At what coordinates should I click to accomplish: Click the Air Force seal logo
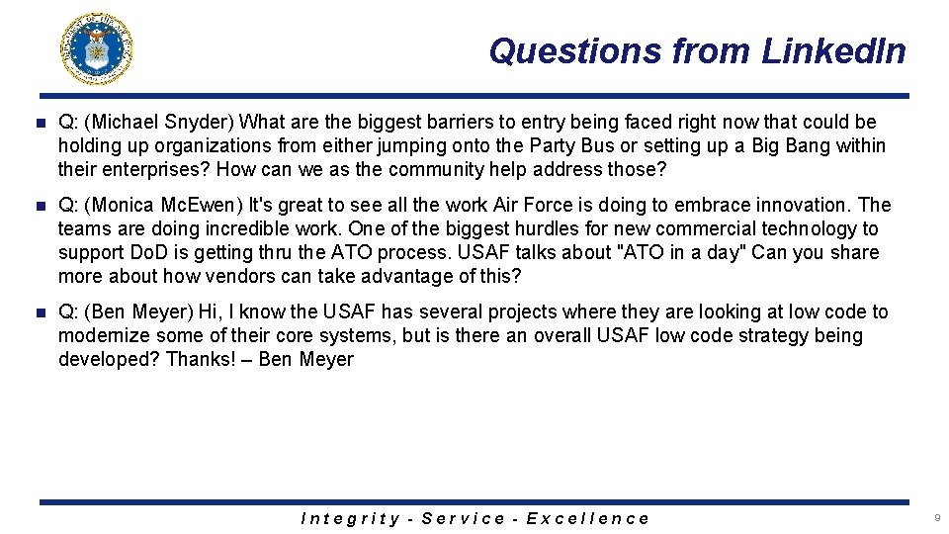pos(97,49)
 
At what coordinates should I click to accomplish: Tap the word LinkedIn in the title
pos(833,50)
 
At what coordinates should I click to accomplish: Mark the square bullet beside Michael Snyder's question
pos(40,123)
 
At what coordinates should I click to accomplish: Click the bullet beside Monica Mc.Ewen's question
pos(40,206)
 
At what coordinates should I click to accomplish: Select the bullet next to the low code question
pos(40,312)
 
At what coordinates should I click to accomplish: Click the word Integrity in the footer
pos(350,518)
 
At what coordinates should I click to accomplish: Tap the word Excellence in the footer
pos(587,518)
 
